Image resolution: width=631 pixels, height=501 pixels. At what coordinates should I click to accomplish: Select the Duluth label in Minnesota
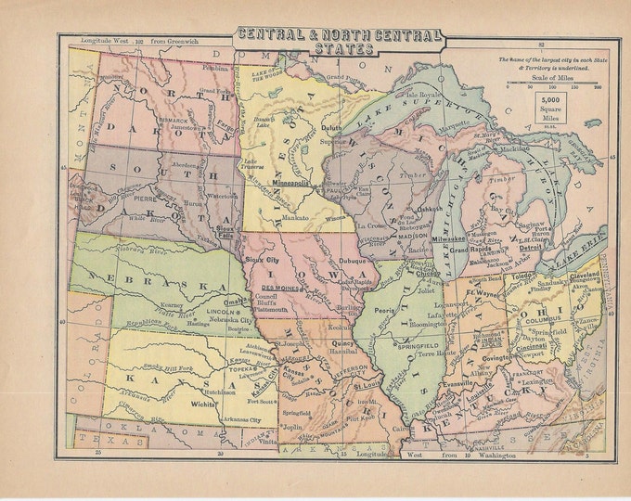click(x=333, y=131)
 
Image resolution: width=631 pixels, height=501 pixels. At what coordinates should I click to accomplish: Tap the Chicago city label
click(x=428, y=275)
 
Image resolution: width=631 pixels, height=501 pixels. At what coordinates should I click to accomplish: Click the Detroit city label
click(x=531, y=249)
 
